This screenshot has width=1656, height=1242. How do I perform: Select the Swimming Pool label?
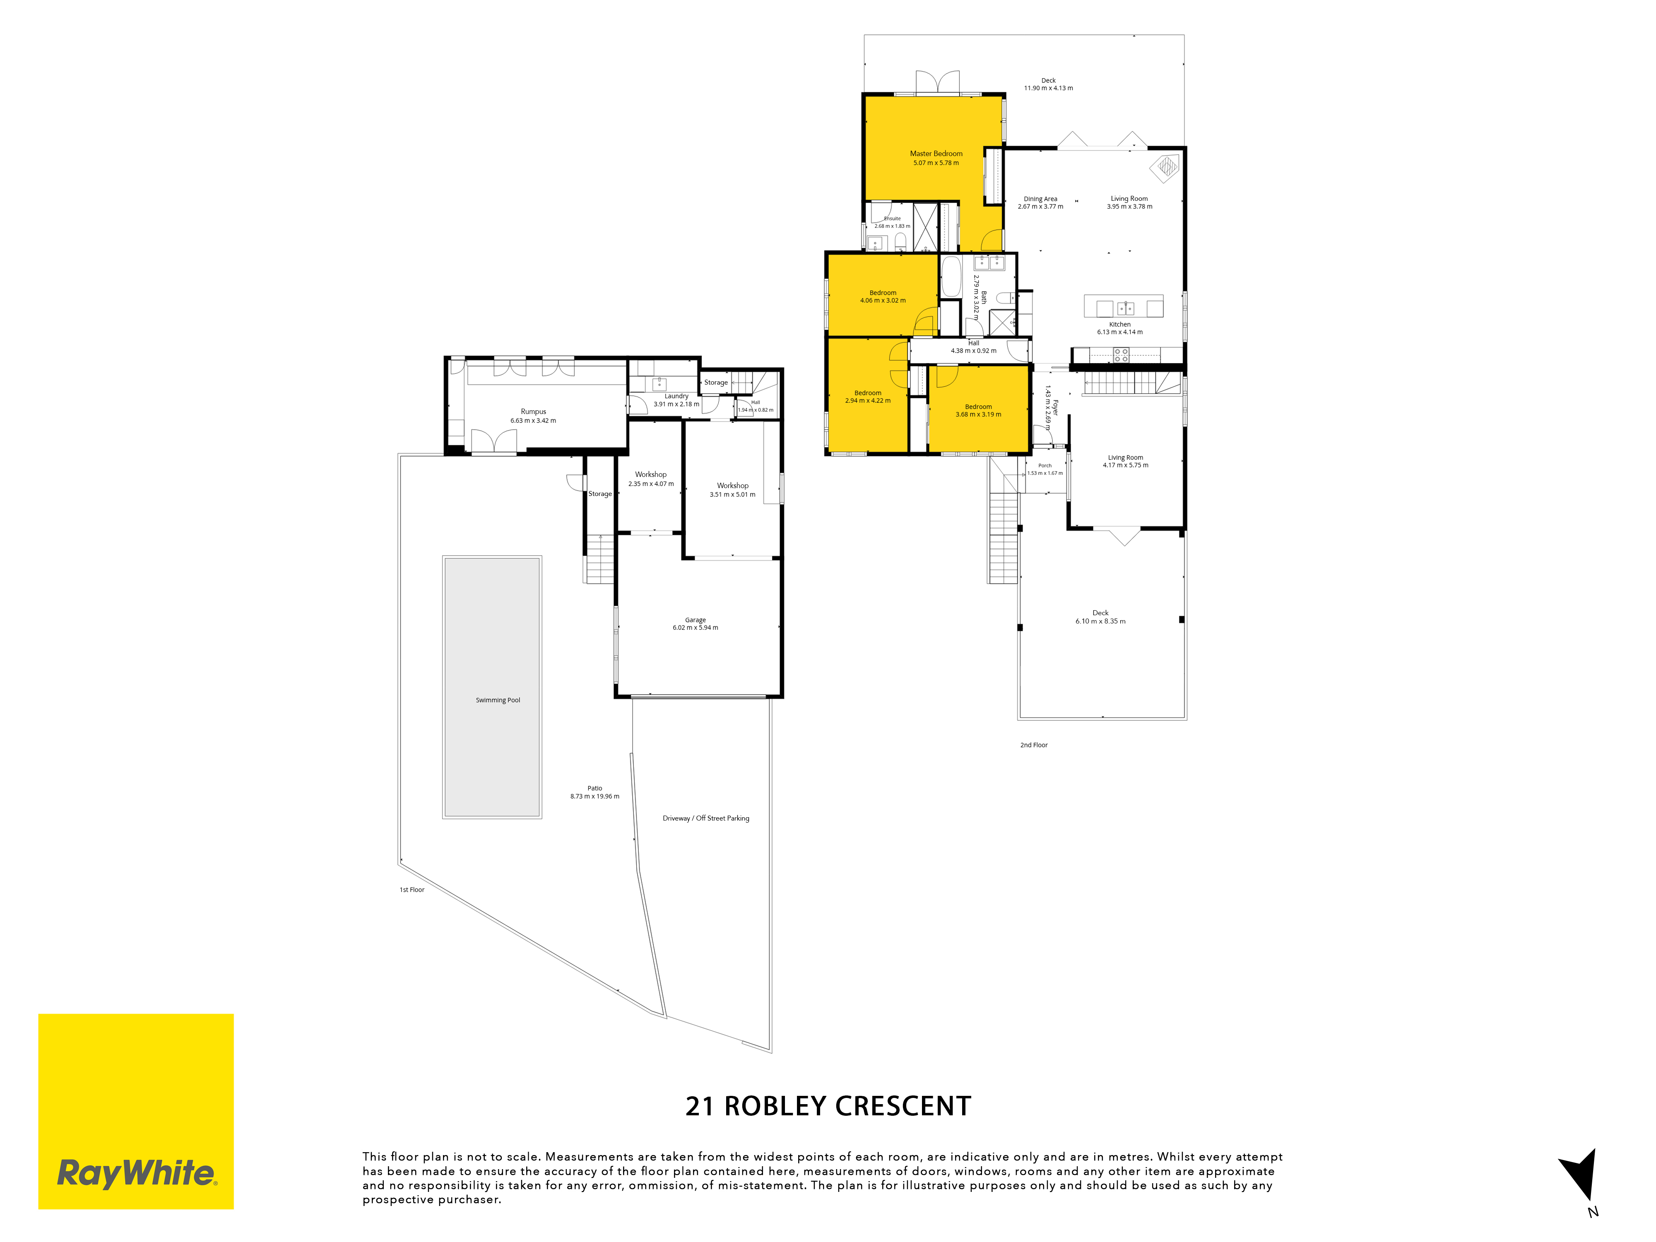click(x=498, y=700)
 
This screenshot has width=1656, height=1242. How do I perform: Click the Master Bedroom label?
click(x=936, y=154)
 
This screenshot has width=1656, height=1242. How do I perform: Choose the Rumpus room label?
click(x=533, y=412)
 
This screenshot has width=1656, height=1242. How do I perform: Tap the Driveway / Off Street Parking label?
click(x=706, y=818)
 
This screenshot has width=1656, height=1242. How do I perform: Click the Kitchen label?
click(x=1120, y=324)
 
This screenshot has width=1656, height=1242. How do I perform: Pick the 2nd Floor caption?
click(x=1034, y=745)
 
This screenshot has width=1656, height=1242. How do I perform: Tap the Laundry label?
click(x=676, y=396)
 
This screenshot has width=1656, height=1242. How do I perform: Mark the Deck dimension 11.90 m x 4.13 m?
click(x=1048, y=88)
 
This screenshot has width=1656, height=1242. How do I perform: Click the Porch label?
click(x=1045, y=466)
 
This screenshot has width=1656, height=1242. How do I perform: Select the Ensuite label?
click(x=893, y=219)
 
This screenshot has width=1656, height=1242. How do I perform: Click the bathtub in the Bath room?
click(x=951, y=277)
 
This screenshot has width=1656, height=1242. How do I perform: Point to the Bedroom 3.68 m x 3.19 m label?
click(x=978, y=410)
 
